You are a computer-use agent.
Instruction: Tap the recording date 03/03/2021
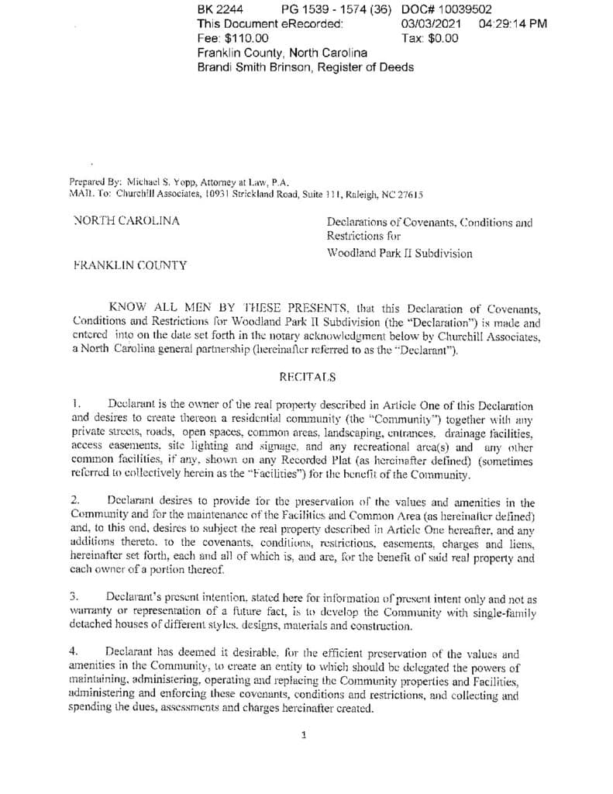pos(431,23)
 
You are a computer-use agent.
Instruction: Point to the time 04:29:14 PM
pos(513,23)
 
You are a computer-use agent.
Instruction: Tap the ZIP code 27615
pos(408,195)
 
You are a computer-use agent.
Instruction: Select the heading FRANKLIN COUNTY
pos(129,265)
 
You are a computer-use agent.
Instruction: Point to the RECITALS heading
pos(307,377)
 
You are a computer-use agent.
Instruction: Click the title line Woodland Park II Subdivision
pos(399,253)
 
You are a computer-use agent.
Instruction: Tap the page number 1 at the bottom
pos(304,735)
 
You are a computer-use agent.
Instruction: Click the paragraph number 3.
pos(74,598)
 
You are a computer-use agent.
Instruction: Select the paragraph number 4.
pos(74,653)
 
